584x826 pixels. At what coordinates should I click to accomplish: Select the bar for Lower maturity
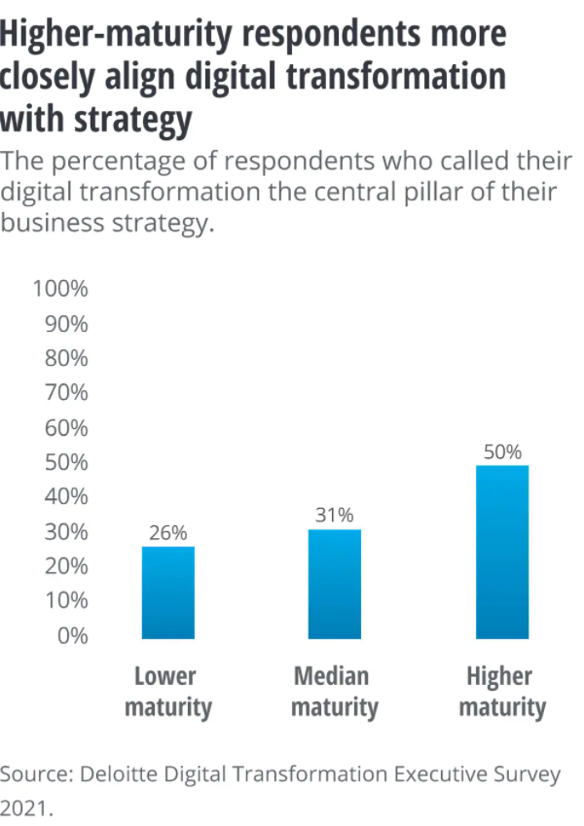[x=168, y=593]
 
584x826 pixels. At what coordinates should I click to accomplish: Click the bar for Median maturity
[x=335, y=584]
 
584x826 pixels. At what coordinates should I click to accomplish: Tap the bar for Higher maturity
[x=502, y=552]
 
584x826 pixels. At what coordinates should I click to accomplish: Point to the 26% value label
[x=168, y=533]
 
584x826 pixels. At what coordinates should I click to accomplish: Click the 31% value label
[x=335, y=515]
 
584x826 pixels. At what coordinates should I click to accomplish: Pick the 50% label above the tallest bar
[x=502, y=452]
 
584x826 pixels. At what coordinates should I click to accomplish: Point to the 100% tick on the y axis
[x=60, y=289]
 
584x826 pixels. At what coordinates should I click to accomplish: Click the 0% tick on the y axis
[x=73, y=636]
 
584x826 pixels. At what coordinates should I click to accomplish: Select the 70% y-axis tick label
[x=66, y=392]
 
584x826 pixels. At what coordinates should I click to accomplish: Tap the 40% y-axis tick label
[x=66, y=496]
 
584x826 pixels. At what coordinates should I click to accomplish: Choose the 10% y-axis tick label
[x=66, y=600]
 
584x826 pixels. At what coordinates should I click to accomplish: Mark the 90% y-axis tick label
[x=66, y=324]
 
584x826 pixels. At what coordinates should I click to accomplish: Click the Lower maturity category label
[x=168, y=692]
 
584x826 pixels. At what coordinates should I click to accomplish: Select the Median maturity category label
[x=335, y=692]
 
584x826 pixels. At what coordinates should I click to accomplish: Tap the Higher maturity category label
[x=502, y=692]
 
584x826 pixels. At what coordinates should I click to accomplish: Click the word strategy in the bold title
[x=133, y=120]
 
